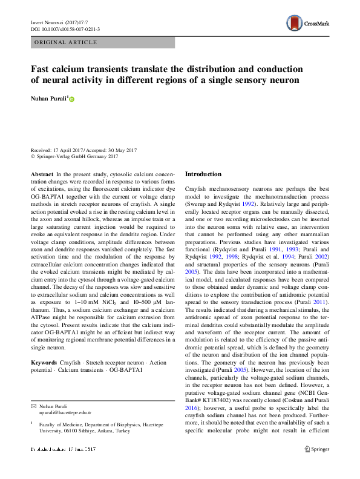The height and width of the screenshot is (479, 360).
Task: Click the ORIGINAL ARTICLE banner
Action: (x=67, y=42)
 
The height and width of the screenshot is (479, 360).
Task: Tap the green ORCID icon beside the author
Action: (x=72, y=98)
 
